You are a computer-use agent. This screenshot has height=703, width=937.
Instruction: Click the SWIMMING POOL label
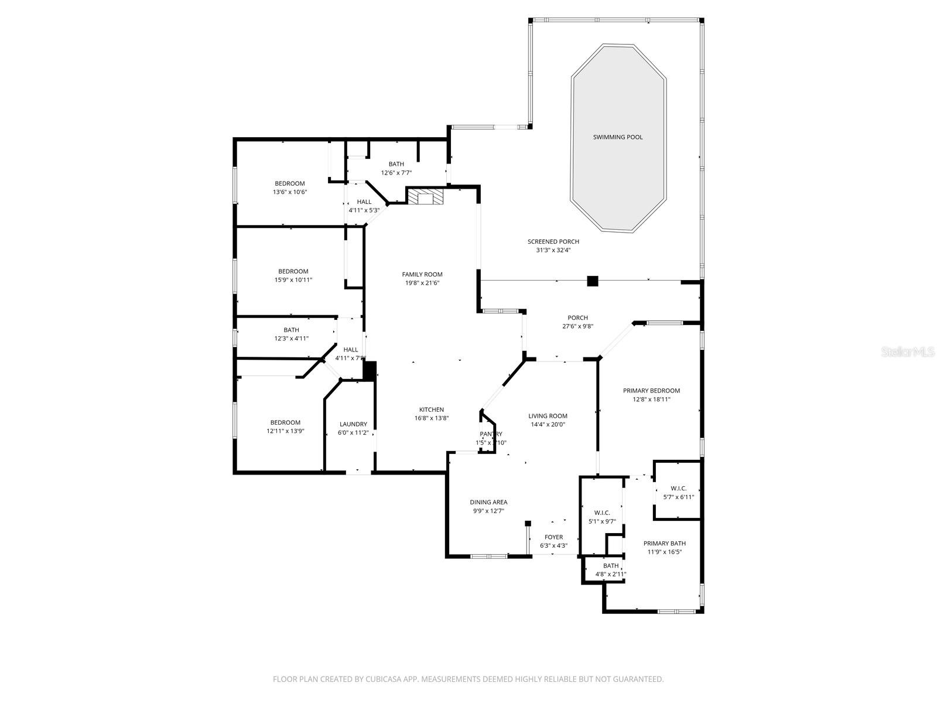(618, 137)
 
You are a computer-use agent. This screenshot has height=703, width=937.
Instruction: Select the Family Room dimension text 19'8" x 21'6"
(422, 283)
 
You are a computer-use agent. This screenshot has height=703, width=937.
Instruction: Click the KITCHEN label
(432, 409)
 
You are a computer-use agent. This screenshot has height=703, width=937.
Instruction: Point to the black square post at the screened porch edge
(593, 281)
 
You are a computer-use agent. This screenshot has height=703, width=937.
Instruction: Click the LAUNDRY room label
(353, 424)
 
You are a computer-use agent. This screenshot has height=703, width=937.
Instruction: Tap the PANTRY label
(491, 434)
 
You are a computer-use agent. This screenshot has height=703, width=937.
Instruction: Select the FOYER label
(553, 537)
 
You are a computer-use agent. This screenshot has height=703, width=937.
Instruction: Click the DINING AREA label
(488, 502)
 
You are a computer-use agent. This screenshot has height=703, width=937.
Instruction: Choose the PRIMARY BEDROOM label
(651, 391)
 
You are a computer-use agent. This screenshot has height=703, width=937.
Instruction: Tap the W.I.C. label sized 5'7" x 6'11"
(678, 489)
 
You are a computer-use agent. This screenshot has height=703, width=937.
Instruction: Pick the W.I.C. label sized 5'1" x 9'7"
(602, 513)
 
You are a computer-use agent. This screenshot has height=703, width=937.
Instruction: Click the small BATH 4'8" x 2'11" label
(611, 565)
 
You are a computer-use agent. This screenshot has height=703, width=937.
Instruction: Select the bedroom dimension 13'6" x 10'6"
(290, 192)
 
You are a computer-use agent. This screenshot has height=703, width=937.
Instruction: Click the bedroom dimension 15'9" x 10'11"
(293, 280)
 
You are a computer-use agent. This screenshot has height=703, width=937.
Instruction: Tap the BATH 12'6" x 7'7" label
(396, 164)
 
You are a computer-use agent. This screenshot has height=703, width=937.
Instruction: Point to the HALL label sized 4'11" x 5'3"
(364, 202)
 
